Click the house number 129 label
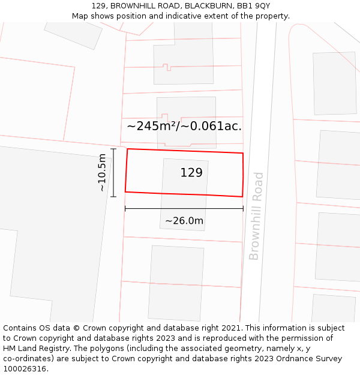[x=191, y=173]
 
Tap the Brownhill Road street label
[x=256, y=216]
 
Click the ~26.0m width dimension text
[x=184, y=221]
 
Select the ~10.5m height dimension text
[x=102, y=173]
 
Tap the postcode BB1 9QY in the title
[x=251, y=6]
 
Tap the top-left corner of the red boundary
[x=127, y=149]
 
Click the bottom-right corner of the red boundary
[x=242, y=196]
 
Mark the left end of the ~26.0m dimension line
[x=125, y=209]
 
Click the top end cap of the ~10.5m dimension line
[x=113, y=149]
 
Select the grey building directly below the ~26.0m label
[x=176, y=283]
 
